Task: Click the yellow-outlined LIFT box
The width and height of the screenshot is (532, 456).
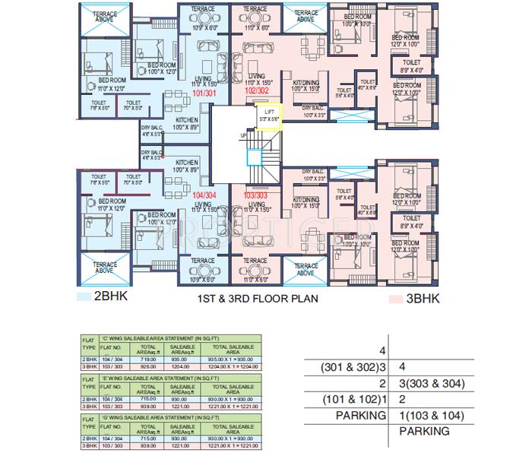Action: pos(268,117)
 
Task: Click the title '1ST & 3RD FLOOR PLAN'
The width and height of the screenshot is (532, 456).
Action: pos(259,297)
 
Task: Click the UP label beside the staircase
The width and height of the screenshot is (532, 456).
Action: pos(243,135)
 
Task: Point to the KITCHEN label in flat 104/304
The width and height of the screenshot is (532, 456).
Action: pos(187,163)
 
